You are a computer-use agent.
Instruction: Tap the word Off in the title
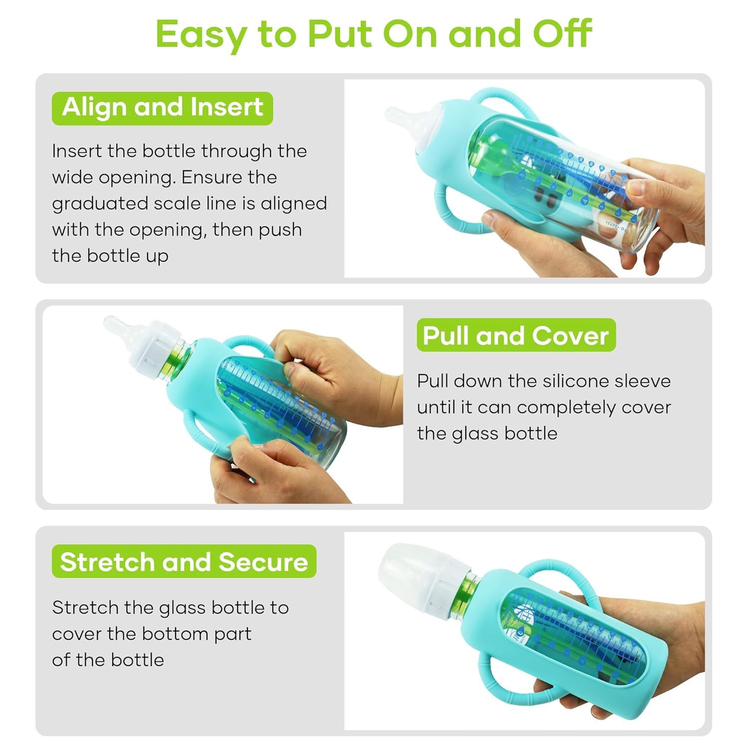[562, 34]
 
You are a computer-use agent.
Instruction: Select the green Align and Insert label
[163, 108]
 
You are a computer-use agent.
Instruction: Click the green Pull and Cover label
[516, 336]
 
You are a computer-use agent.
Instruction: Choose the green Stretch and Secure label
[184, 562]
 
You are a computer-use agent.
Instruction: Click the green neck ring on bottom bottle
[466, 591]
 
